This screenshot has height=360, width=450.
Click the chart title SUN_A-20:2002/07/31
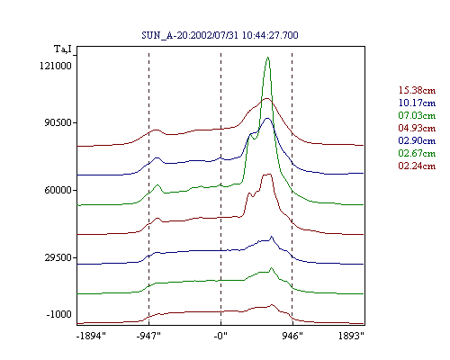(x=190, y=35)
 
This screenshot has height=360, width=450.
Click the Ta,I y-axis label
(x=63, y=49)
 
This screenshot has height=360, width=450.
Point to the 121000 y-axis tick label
(x=56, y=66)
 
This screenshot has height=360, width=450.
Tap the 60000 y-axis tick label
(x=58, y=190)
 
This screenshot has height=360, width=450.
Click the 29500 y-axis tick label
(x=58, y=257)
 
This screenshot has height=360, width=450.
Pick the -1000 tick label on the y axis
(x=58, y=314)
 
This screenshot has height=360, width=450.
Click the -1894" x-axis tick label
(x=91, y=336)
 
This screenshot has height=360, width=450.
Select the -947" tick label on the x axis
(x=148, y=336)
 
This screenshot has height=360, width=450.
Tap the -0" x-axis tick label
(x=220, y=336)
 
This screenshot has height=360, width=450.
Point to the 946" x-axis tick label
(x=292, y=336)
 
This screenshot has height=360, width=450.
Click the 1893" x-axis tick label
(x=351, y=336)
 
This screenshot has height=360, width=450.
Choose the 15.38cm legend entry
(x=417, y=90)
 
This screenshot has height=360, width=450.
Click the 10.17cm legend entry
(x=417, y=103)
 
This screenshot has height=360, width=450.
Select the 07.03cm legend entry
(x=417, y=115)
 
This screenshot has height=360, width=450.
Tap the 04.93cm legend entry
(x=417, y=128)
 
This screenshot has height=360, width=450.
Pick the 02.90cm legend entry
(x=417, y=140)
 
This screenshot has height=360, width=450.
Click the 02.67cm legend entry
(x=417, y=153)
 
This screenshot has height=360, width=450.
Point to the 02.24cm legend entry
(x=417, y=166)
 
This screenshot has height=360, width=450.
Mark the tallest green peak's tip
(x=267, y=58)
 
